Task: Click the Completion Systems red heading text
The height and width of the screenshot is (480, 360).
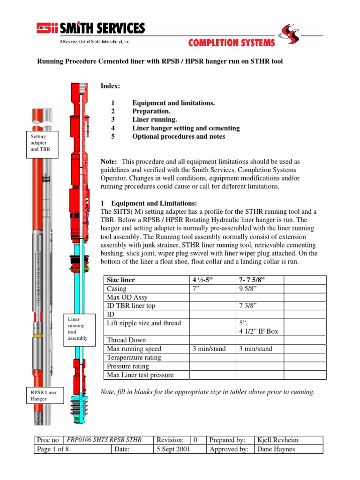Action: point(232,43)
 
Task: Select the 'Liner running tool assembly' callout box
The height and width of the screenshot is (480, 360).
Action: point(77,329)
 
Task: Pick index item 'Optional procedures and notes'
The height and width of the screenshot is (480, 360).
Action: point(179,136)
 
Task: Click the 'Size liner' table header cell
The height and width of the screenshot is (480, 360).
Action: point(121,280)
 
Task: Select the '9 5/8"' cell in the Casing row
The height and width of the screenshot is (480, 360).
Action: point(249,289)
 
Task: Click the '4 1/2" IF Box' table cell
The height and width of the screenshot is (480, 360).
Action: point(258,331)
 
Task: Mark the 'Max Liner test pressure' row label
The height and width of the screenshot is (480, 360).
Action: point(140,375)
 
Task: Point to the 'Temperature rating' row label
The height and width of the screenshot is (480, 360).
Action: point(134,358)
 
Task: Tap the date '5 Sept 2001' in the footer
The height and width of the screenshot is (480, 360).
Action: point(173,449)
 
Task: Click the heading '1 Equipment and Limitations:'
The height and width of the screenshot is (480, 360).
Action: point(149,203)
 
